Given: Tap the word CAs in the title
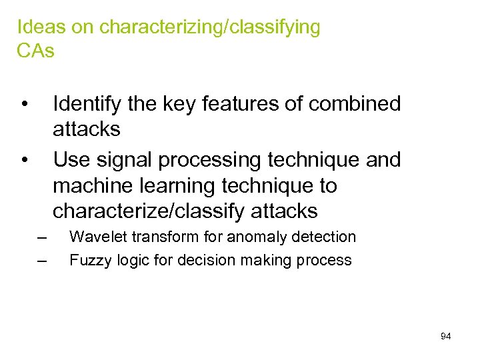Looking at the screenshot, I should pos(35,51).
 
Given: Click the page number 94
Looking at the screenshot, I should pos(446,336).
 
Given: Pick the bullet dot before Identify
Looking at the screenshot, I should pos(24,105).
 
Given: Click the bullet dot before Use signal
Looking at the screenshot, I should pos(24,161).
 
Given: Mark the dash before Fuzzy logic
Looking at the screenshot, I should pos(43,260).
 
